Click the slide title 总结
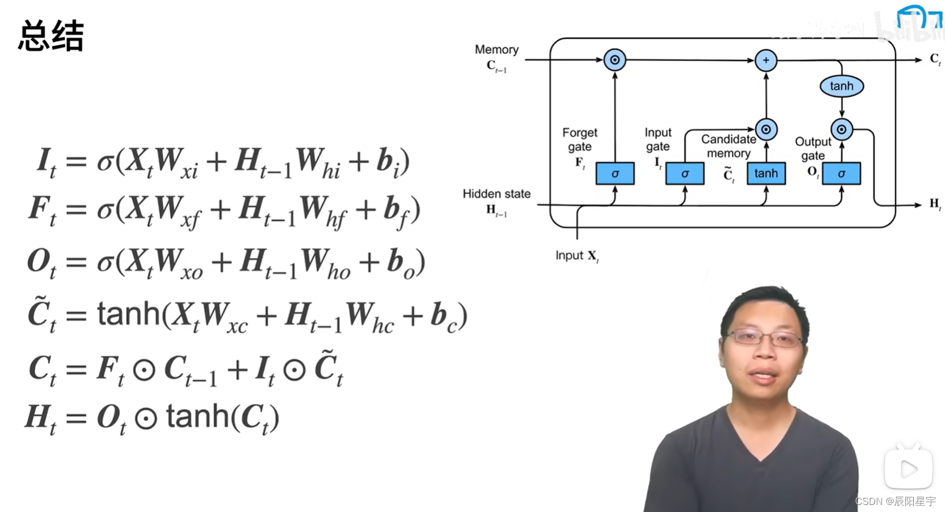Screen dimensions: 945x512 (x=51, y=36)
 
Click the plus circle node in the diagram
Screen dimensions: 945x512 (x=765, y=60)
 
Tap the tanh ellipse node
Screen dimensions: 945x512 (x=841, y=86)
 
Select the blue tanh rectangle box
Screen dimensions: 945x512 (x=766, y=173)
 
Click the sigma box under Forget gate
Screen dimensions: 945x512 (x=615, y=173)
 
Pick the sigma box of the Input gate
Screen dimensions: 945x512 (x=684, y=173)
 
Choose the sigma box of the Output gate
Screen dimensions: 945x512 (x=841, y=173)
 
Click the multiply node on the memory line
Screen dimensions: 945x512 (x=614, y=60)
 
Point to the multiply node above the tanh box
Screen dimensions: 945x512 (x=766, y=129)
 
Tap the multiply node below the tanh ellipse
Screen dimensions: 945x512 (x=841, y=129)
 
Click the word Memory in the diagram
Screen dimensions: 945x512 (x=496, y=50)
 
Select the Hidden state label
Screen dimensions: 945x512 (x=496, y=194)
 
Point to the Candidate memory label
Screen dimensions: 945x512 (x=728, y=146)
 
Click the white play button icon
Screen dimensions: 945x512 (x=908, y=469)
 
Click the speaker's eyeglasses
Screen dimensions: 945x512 (x=764, y=338)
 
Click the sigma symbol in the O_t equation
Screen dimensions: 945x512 (x=105, y=262)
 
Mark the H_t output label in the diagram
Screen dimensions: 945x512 (x=934, y=204)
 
